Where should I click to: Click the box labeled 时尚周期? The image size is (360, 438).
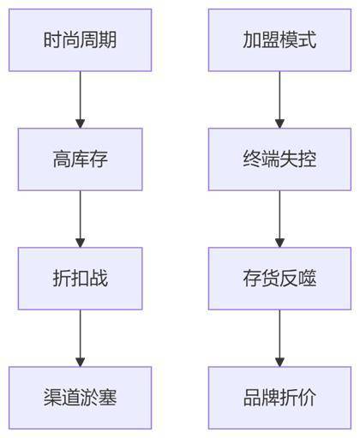coord(80,40)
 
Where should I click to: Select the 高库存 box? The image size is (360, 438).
coord(80,159)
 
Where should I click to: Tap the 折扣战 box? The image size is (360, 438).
coord(80,279)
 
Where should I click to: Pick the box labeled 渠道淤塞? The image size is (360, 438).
coord(80,398)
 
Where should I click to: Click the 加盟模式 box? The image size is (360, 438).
coord(279,40)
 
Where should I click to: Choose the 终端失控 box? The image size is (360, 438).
coord(279,159)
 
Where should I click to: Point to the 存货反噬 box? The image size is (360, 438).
coord(279,279)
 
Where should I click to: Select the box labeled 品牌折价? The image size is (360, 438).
coord(279,398)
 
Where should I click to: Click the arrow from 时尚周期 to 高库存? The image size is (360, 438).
coord(80,99)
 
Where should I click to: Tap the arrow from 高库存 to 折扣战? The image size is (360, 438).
coord(80,219)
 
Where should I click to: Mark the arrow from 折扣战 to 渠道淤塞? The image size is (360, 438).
coord(80,339)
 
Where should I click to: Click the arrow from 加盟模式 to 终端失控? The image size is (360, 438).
coord(279,99)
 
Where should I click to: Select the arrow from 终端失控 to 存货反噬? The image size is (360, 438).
coord(279,219)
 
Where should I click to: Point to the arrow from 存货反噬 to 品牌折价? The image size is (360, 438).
coord(279,339)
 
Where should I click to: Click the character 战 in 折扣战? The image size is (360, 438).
coord(99,279)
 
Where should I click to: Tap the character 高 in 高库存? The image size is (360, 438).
coord(62,159)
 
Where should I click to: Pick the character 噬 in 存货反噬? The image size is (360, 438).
coord(307,279)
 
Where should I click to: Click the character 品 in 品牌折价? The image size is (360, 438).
coord(252,398)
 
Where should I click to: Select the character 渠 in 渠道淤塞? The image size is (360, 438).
coord(52,398)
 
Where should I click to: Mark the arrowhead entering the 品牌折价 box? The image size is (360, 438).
coord(279,362)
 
